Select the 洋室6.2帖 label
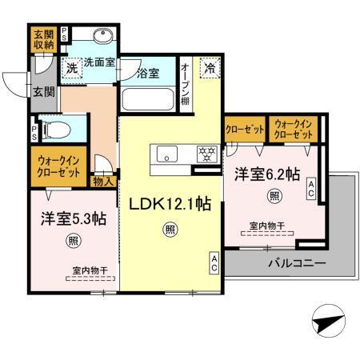[266, 173]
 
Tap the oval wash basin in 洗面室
[102, 37]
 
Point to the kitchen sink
[167, 153]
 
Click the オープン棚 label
[185, 84]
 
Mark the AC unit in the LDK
[215, 264]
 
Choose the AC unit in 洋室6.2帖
[311, 189]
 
